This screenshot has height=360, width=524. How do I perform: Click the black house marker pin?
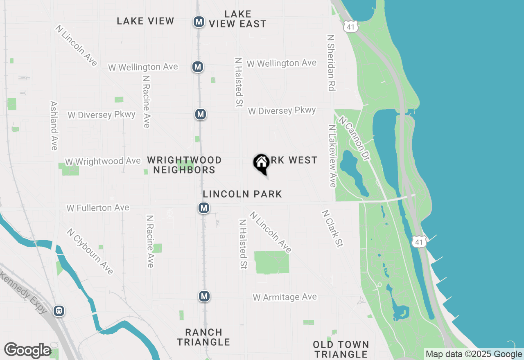click(x=261, y=164)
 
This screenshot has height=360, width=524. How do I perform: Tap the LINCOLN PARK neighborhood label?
click(x=242, y=194)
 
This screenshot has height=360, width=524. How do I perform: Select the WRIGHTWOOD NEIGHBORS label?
click(x=184, y=165)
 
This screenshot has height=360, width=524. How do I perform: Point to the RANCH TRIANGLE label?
click(x=203, y=337)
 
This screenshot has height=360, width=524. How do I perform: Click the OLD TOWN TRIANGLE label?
click(x=341, y=349)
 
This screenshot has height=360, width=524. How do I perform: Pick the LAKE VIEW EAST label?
click(x=237, y=19)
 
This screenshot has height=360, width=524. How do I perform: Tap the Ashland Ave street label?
click(x=54, y=126)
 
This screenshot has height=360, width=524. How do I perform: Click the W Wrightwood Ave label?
click(x=103, y=162)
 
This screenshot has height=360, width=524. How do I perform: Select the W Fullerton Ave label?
click(x=98, y=208)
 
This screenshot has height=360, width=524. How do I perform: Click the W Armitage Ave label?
click(x=285, y=297)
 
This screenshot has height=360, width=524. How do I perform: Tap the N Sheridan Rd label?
click(x=331, y=62)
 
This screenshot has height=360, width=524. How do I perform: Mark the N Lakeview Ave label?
click(x=332, y=156)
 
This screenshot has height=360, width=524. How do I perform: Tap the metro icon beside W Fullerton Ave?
click(x=204, y=208)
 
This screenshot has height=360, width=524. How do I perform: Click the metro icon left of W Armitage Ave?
click(x=204, y=296)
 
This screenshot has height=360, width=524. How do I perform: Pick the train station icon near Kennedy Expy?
click(x=59, y=311)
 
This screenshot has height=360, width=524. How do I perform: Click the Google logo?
click(x=27, y=351)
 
